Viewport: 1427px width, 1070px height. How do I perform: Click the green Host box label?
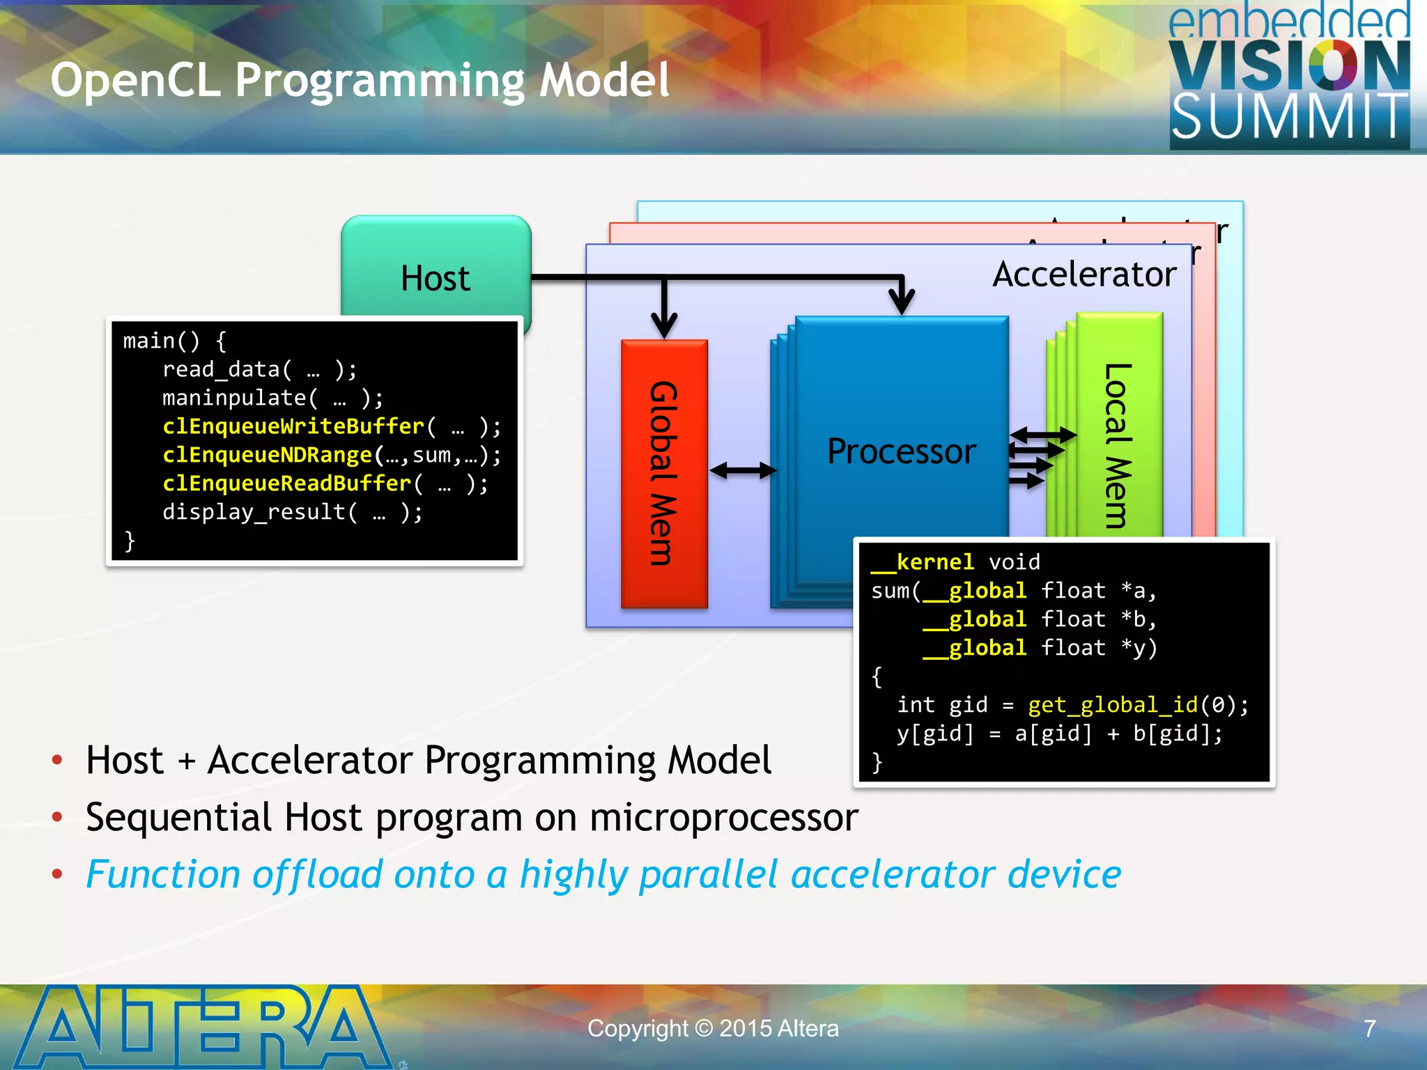435,278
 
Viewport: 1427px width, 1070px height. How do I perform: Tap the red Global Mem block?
663,473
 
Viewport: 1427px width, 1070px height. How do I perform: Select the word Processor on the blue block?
901,451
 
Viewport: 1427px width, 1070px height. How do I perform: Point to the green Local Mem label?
1118,446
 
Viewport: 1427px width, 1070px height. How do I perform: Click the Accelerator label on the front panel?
1084,274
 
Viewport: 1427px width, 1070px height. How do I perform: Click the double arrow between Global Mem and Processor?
743,471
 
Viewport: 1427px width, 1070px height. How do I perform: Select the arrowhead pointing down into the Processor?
902,302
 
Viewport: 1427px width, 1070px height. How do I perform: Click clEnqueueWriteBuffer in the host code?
293,426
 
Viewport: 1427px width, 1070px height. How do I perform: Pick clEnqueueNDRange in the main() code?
267,455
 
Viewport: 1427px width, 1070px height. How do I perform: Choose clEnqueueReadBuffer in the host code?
286,483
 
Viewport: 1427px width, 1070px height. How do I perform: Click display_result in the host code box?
254,512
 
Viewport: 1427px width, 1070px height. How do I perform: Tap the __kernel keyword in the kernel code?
923,562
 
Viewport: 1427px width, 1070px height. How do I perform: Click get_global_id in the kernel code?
1112,705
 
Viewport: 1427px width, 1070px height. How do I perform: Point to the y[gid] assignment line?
1058,734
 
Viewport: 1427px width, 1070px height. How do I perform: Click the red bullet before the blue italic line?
58,874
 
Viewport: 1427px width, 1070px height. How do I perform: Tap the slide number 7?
1369,1028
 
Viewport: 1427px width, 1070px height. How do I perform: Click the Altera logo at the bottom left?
202,1027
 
